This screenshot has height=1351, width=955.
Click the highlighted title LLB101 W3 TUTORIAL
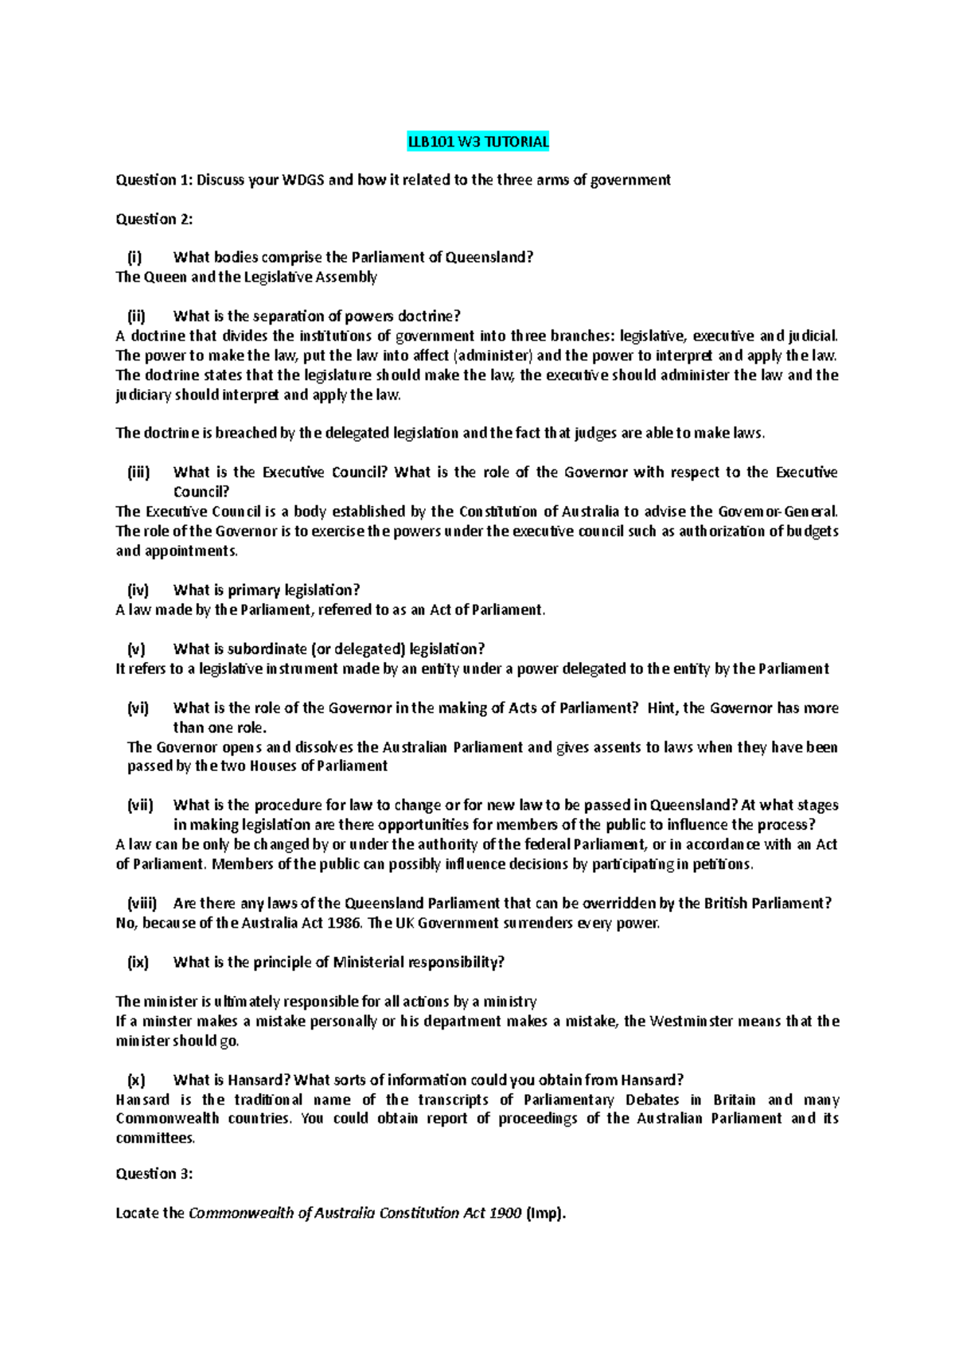click(x=477, y=142)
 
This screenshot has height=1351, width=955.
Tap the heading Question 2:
click(x=154, y=219)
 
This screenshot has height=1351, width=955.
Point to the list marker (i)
click(x=134, y=257)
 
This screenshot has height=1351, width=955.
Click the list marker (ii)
click(x=136, y=316)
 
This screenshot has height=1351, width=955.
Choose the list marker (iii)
click(x=138, y=473)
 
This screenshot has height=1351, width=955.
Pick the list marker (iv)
click(x=138, y=590)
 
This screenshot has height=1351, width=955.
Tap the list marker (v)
click(x=136, y=649)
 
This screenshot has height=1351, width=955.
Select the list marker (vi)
click(x=138, y=708)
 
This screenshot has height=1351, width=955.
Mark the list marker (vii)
click(x=140, y=805)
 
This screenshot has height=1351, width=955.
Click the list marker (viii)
click(x=142, y=904)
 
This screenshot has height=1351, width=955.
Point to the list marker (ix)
click(x=138, y=963)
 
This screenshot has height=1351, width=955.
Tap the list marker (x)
click(x=136, y=1080)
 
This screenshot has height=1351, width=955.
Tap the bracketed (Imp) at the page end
click(x=546, y=1213)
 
